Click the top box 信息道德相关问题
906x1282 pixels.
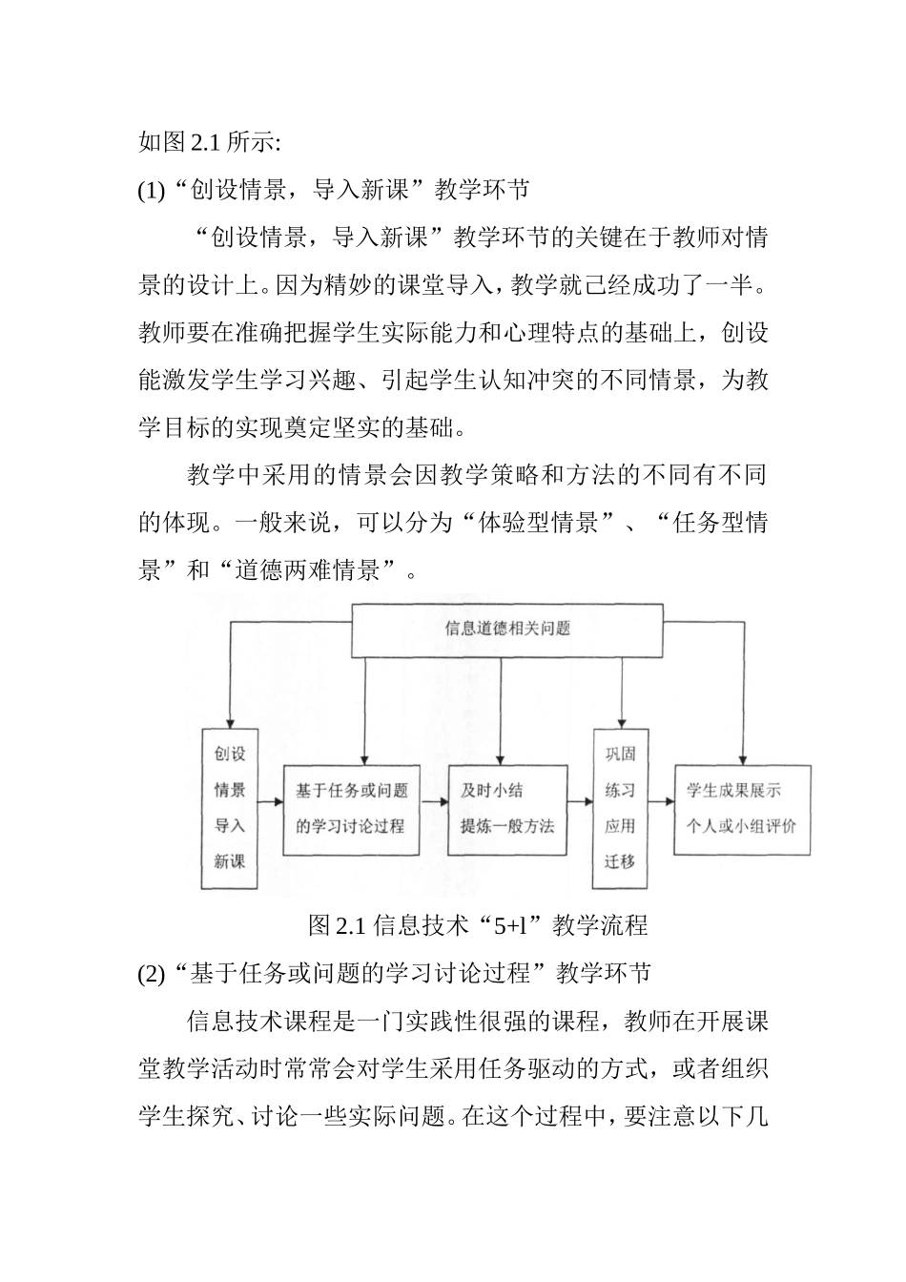[x=507, y=628]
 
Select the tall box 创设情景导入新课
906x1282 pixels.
[x=230, y=808]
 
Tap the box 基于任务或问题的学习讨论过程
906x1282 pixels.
[x=352, y=808]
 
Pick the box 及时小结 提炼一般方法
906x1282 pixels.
[x=507, y=808]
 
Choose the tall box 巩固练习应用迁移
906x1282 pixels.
[x=620, y=808]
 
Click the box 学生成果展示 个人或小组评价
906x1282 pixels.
[x=742, y=808]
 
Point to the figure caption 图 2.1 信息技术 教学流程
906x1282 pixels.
[x=478, y=924]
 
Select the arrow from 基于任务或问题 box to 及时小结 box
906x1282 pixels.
[x=435, y=803]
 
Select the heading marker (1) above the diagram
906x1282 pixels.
[x=152, y=190]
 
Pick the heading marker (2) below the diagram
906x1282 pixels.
[x=152, y=974]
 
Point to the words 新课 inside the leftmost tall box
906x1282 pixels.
[x=230, y=861]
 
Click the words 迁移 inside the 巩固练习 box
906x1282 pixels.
[x=620, y=861]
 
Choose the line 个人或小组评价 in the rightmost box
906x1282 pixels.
[x=741, y=826]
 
